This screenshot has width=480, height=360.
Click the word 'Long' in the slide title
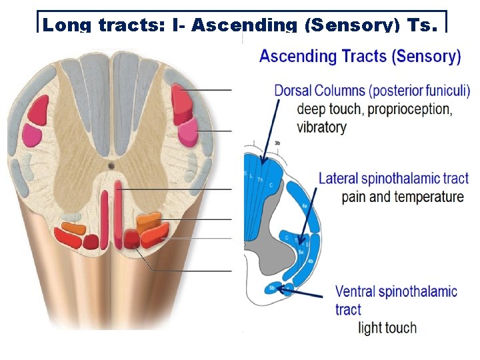[67, 26]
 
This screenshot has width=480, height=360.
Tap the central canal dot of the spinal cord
[112, 163]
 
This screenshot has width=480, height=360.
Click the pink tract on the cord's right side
[187, 128]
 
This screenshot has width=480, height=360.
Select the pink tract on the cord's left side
[31, 133]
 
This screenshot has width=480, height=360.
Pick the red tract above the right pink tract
[181, 101]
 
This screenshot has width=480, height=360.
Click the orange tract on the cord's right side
[149, 219]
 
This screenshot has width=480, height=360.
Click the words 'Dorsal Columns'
[319, 91]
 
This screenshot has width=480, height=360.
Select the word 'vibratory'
[321, 127]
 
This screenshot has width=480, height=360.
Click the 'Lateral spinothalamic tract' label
[393, 178]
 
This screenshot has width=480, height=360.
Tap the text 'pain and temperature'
[402, 197]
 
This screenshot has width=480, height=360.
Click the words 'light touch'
[387, 327]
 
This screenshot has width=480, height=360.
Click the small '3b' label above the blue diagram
[276, 143]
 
